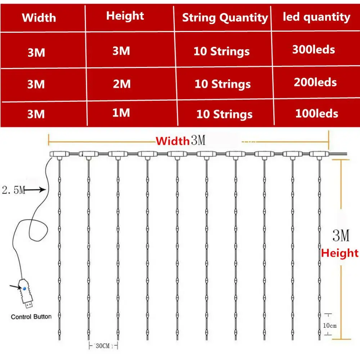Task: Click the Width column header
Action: [39, 18]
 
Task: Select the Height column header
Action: [125, 16]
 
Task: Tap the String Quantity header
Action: [225, 18]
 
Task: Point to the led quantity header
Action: [316, 17]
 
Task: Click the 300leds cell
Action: [313, 49]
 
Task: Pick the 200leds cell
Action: [315, 82]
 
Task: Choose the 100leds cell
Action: [316, 114]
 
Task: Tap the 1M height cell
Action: [121, 113]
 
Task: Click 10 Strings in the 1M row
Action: [224, 115]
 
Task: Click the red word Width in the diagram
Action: [172, 141]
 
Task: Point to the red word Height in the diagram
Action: [340, 253]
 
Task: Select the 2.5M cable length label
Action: [13, 190]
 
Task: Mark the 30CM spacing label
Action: [103, 346]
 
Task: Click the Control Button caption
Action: [31, 317]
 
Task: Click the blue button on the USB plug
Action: [23, 288]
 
